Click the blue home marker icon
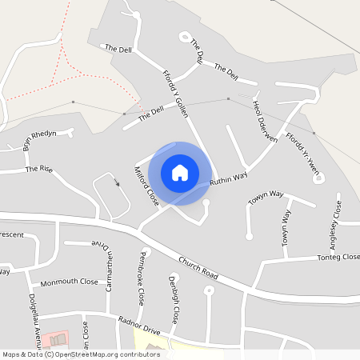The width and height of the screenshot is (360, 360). [x=179, y=172]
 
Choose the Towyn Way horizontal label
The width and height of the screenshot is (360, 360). [x=266, y=199]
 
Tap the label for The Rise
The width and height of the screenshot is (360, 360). [x=38, y=169]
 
